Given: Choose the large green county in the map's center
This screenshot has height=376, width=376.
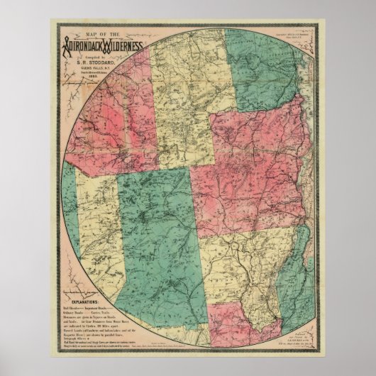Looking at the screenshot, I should click(x=153, y=234).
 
